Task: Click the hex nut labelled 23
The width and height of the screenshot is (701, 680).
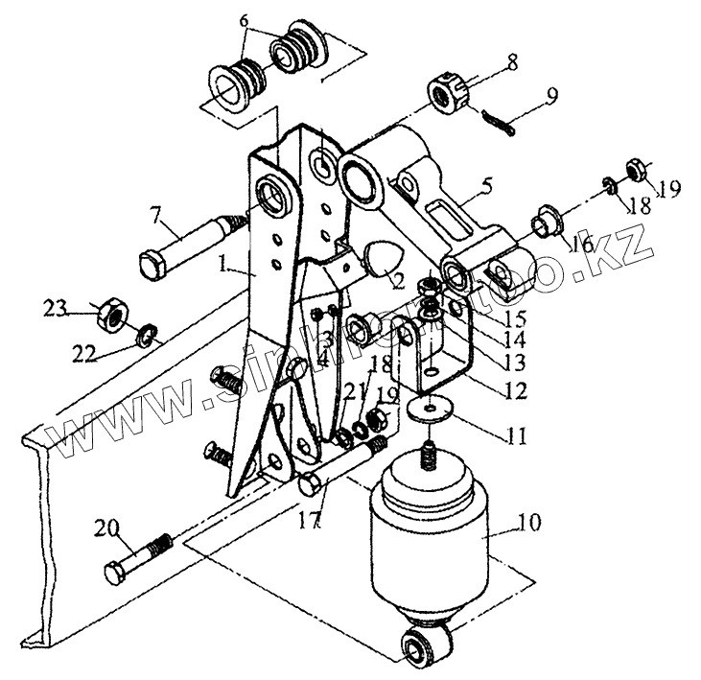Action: coord(113,312)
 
